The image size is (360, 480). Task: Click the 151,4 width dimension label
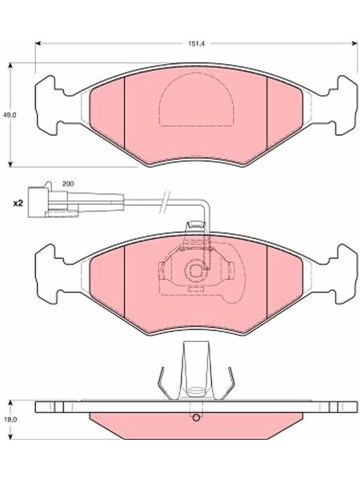tap(196, 43)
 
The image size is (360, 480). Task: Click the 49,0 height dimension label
tap(10, 115)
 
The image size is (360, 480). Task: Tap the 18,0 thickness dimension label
tap(10, 419)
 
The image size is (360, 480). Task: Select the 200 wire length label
tap(68, 184)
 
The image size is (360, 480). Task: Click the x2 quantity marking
tap(18, 203)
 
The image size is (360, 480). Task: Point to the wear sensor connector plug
tap(53, 200)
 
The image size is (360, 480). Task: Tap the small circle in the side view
tap(196, 417)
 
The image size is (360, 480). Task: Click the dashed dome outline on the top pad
tap(197, 73)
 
